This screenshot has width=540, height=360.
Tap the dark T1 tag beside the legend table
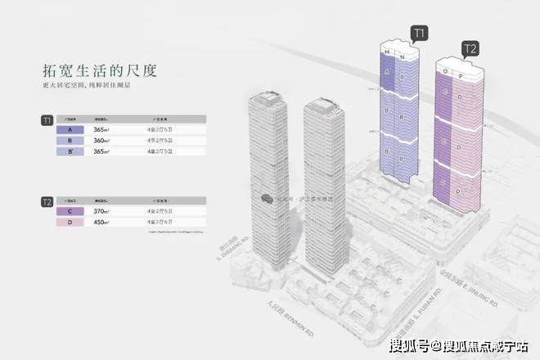(47, 121)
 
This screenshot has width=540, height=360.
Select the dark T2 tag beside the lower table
(47, 200)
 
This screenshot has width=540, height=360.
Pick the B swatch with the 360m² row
(73, 141)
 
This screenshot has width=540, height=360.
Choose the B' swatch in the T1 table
(73, 151)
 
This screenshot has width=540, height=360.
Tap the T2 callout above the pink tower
(470, 48)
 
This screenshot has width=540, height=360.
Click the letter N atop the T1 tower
(403, 56)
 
